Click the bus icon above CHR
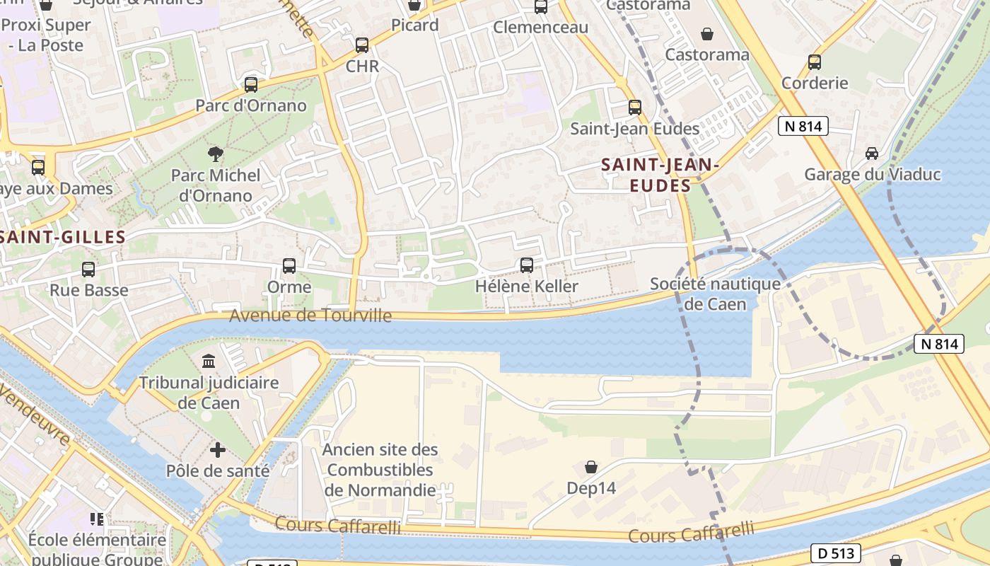point(362,45)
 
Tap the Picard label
point(415,25)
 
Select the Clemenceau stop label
point(541,27)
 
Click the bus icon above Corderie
point(815,62)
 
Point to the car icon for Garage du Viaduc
point(872,154)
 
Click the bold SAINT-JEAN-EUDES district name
point(660,175)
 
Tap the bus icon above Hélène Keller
point(527,265)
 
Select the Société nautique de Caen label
point(716,294)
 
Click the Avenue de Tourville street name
point(310,315)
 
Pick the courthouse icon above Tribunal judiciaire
point(209,362)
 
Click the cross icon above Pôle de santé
point(218,450)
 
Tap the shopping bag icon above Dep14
point(591,467)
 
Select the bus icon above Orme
point(289,266)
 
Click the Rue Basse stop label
point(89,289)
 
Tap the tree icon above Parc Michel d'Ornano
point(215,154)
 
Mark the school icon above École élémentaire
point(97,519)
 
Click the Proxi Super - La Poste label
point(46,35)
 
